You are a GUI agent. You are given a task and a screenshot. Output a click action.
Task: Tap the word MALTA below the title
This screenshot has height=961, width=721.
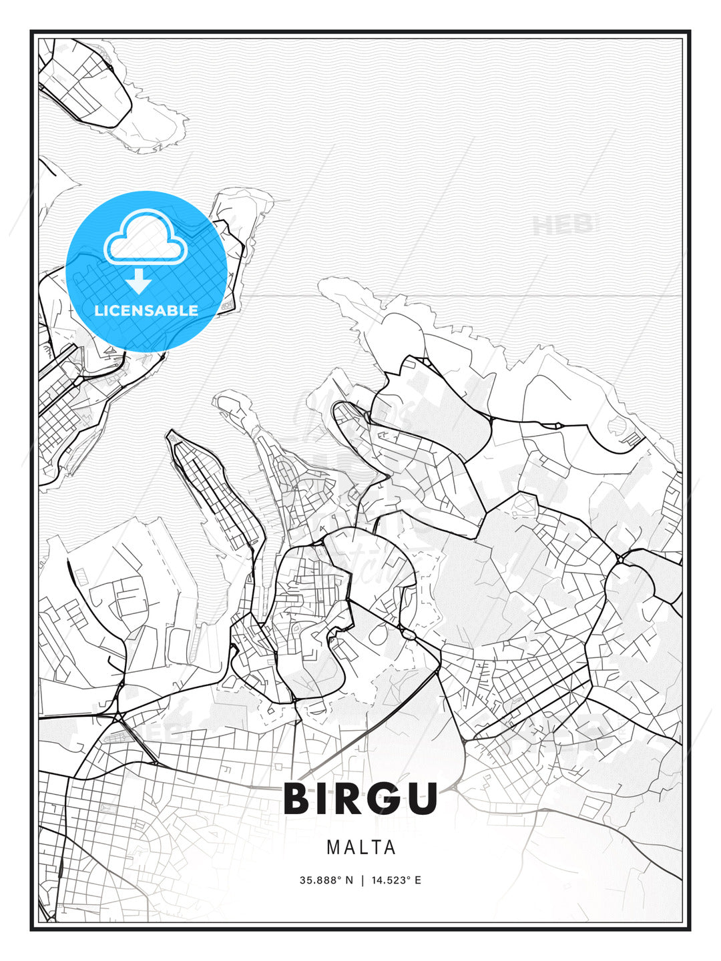tap(361, 848)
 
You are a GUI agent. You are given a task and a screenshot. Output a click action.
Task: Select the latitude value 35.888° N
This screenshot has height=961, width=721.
tap(326, 880)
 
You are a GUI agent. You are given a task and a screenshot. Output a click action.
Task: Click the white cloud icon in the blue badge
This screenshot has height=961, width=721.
tap(145, 239)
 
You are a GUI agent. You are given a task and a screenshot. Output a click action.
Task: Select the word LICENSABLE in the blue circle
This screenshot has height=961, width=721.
tap(146, 310)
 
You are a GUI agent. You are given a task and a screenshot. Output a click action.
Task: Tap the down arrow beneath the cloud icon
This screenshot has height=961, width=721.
tap(140, 282)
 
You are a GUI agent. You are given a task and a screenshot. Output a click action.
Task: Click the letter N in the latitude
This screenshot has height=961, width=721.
tap(348, 880)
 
